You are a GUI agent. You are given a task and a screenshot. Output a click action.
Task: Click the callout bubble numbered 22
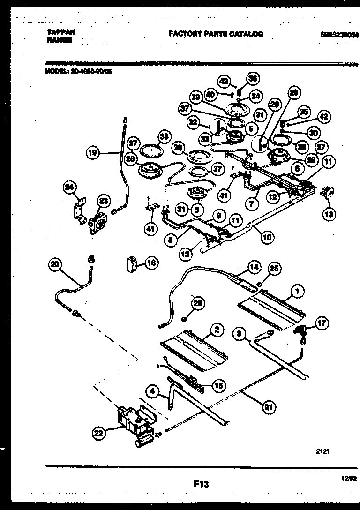98,434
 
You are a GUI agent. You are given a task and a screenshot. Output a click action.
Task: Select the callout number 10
267,237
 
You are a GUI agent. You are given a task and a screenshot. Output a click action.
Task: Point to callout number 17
322,323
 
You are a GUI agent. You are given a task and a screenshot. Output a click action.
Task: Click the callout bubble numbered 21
267,407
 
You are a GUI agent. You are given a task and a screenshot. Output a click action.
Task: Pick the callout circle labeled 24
70,187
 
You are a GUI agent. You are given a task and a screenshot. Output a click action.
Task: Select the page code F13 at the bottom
200,484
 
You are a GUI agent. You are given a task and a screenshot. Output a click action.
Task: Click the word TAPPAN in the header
61,32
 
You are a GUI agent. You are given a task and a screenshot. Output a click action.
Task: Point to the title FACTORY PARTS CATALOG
216,34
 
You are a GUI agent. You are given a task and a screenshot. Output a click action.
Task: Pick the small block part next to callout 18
133,264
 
